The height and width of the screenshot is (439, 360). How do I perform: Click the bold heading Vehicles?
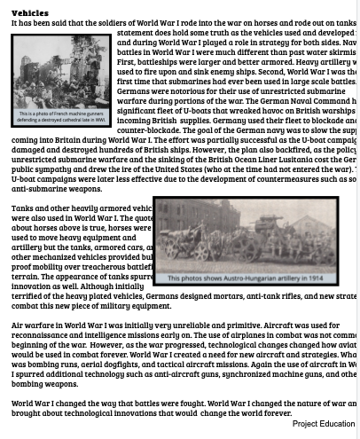(29, 12)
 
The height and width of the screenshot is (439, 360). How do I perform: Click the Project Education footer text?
(323, 424)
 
